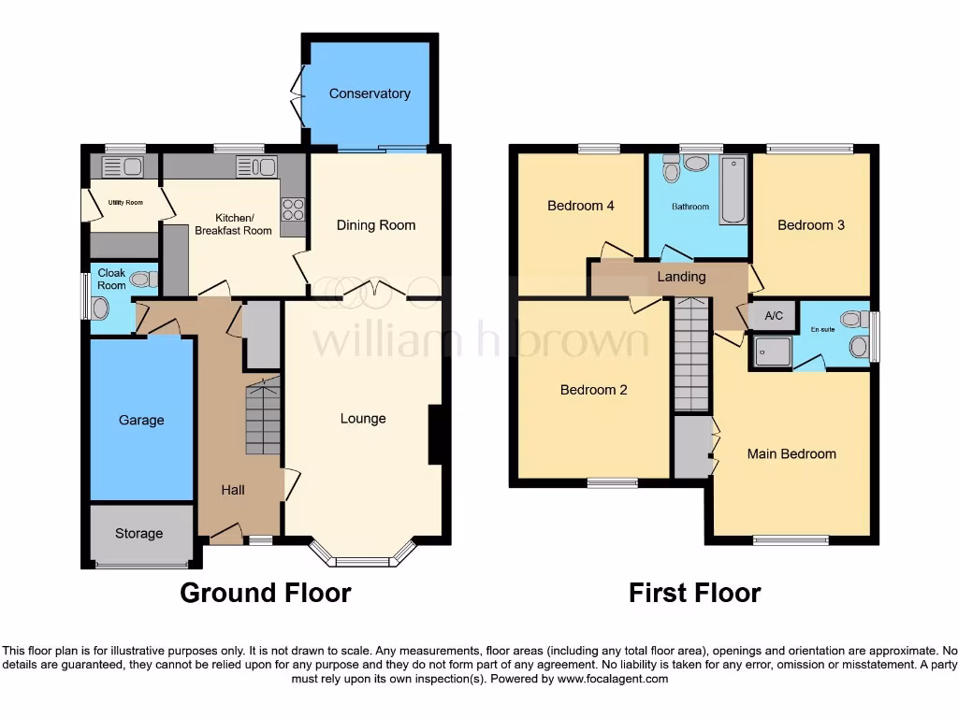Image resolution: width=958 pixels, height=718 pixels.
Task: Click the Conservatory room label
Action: [370, 93]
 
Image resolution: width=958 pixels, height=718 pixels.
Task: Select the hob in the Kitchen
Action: [294, 209]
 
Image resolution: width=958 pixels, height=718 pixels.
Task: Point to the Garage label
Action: [141, 421]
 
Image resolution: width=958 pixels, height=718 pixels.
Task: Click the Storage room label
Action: [139, 534]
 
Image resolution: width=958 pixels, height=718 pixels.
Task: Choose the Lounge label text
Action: [363, 418]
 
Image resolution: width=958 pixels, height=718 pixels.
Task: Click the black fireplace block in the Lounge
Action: [436, 434]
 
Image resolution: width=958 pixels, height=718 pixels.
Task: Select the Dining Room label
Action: [376, 225]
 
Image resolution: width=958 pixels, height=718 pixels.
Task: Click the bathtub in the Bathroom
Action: [733, 190]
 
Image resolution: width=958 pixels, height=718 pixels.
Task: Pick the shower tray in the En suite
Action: [771, 351]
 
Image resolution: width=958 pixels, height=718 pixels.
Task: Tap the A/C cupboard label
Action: [774, 316]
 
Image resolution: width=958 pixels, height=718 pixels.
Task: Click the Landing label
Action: [681, 277]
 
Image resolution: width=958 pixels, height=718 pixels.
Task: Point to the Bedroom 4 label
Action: [581, 206]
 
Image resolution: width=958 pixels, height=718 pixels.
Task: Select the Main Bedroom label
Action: [791, 454]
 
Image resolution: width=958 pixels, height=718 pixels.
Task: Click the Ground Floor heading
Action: [266, 593]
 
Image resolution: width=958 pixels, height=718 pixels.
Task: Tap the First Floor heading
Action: [695, 593]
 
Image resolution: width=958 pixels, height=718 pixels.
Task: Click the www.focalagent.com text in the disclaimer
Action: [613, 679]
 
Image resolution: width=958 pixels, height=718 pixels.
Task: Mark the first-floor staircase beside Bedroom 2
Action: [691, 355]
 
